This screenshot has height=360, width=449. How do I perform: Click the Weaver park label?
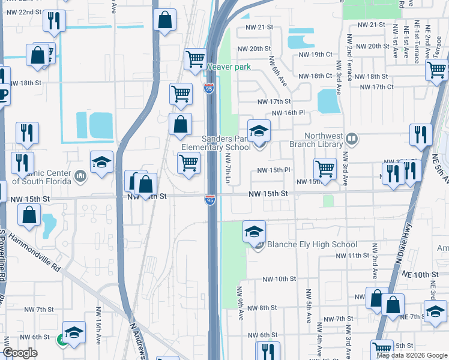point(229,67)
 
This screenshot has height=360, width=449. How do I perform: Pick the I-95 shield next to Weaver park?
point(208,88)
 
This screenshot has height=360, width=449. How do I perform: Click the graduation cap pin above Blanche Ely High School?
point(255,231)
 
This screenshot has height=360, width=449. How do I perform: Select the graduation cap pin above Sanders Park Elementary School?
point(259,130)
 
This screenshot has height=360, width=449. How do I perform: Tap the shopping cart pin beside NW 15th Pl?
point(325,168)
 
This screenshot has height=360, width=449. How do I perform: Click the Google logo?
point(20,353)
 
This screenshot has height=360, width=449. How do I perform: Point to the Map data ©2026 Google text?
point(412,355)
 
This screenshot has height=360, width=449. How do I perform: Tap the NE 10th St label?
point(430,274)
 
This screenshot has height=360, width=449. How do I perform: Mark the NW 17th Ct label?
point(376,87)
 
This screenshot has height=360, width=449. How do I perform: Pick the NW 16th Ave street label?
point(99,325)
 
